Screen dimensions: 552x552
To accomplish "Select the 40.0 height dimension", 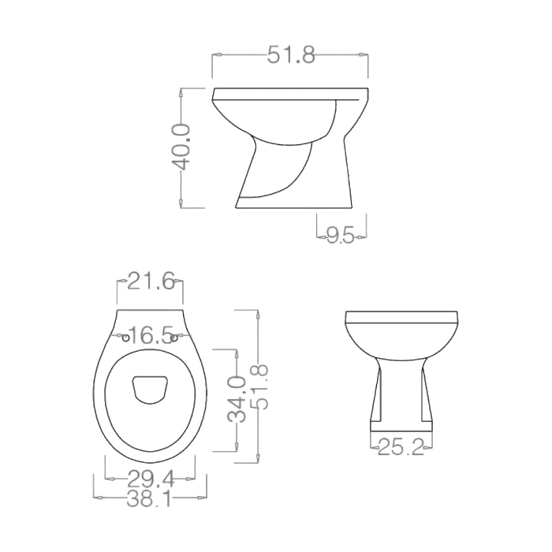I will (x=182, y=147).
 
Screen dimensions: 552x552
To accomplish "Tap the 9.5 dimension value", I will (x=341, y=234).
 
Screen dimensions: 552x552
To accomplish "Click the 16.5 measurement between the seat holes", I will (x=150, y=336).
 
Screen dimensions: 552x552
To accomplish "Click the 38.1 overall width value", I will (x=151, y=498).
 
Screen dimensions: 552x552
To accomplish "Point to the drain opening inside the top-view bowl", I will (x=150, y=387).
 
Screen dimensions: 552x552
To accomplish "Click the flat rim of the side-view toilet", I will (x=290, y=91).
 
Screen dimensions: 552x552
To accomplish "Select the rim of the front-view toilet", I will (x=401, y=319).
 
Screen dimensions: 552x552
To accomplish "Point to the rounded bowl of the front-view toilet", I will (x=401, y=343).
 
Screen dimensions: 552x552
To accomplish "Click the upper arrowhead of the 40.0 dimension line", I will (x=182, y=91).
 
